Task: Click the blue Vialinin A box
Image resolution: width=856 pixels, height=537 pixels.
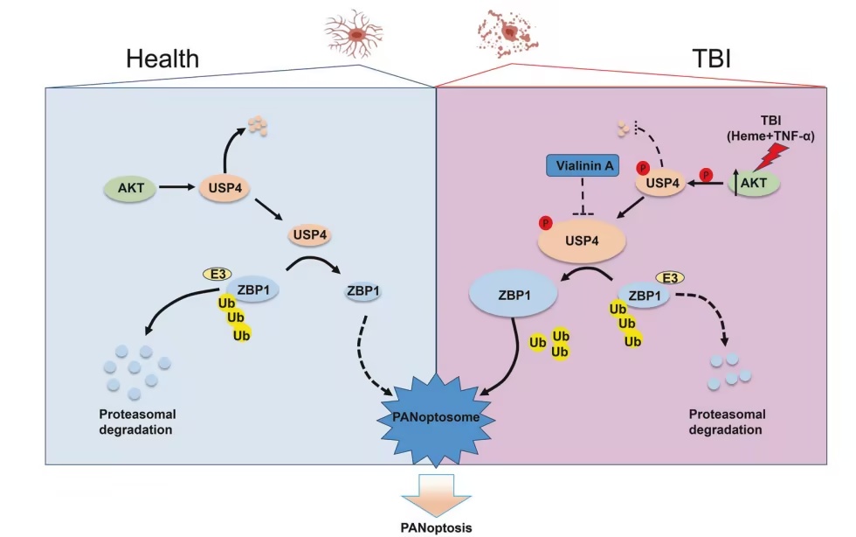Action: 583,165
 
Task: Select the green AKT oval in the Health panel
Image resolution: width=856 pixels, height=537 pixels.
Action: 131,188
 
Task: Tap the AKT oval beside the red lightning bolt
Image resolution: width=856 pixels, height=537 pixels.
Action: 754,183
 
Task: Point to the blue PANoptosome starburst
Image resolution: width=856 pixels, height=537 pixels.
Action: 436,418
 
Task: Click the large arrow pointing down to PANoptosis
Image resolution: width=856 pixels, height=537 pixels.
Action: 436,495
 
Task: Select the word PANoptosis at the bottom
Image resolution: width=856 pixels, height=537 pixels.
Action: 436,527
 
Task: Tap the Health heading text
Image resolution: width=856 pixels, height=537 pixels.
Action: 162,59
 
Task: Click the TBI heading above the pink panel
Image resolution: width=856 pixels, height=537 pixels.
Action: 711,58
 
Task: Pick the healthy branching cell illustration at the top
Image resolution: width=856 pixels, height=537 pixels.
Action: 355,34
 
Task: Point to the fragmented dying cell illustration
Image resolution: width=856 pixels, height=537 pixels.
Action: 507,33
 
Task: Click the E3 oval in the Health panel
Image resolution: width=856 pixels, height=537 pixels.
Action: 217,274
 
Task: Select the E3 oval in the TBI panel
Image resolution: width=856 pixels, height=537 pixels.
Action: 670,278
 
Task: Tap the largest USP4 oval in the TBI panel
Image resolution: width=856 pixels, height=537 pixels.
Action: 582,241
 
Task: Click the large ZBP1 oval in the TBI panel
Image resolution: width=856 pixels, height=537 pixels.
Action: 514,295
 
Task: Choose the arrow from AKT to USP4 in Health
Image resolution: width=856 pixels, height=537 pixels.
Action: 176,187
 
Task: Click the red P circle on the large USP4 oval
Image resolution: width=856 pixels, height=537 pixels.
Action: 545,222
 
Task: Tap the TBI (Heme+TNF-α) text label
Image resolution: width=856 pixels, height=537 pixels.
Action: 770,128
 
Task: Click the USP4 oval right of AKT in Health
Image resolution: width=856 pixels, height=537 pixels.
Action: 225,188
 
